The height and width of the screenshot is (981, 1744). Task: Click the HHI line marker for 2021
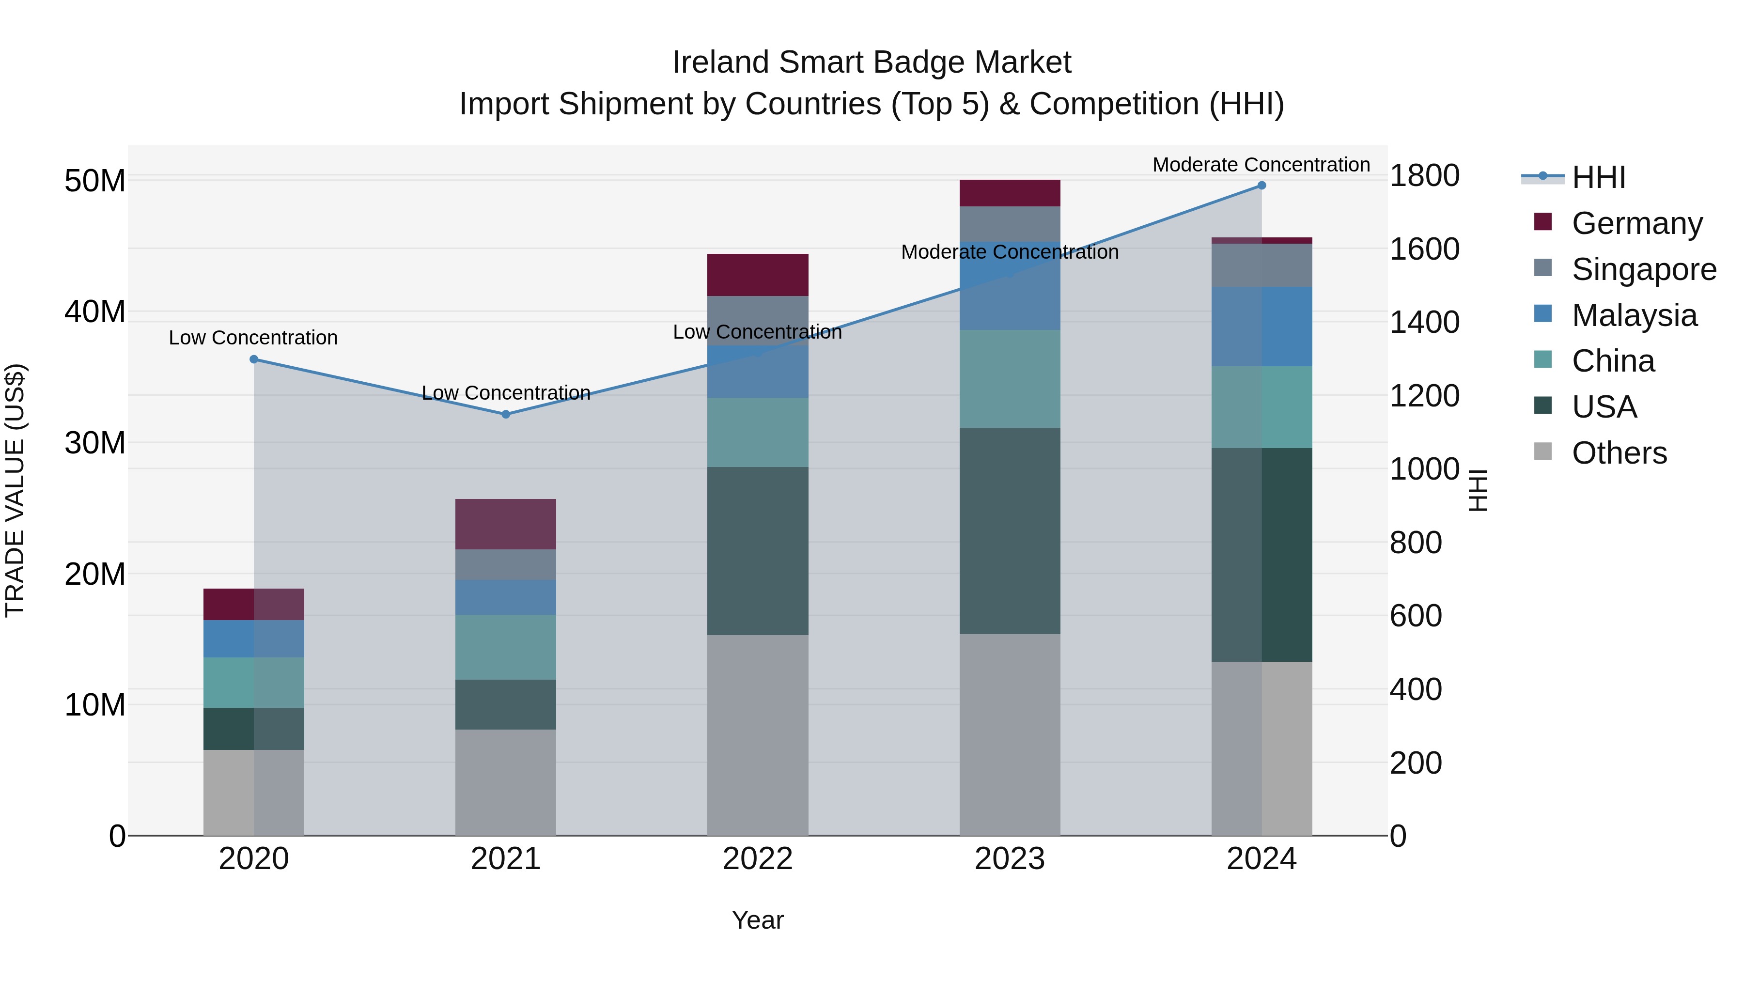coord(506,414)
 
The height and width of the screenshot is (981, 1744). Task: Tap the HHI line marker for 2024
coord(1261,186)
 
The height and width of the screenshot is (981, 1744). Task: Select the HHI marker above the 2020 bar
coord(254,359)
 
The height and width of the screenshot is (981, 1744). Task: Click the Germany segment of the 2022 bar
coord(758,275)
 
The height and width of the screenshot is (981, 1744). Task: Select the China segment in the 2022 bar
coord(758,432)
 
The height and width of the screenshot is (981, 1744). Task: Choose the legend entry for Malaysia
coord(1634,315)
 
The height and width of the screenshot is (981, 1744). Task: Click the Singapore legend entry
coord(1643,269)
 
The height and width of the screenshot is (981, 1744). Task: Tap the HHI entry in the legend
coord(1598,177)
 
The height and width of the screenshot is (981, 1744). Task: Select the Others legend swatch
coord(1543,452)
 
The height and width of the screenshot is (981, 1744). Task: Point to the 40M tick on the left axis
coord(95,312)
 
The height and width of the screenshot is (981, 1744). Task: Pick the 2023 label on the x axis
coord(1010,859)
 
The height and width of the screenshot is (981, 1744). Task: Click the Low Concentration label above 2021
coord(506,393)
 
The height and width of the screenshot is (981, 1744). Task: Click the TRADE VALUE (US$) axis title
coord(16,490)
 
